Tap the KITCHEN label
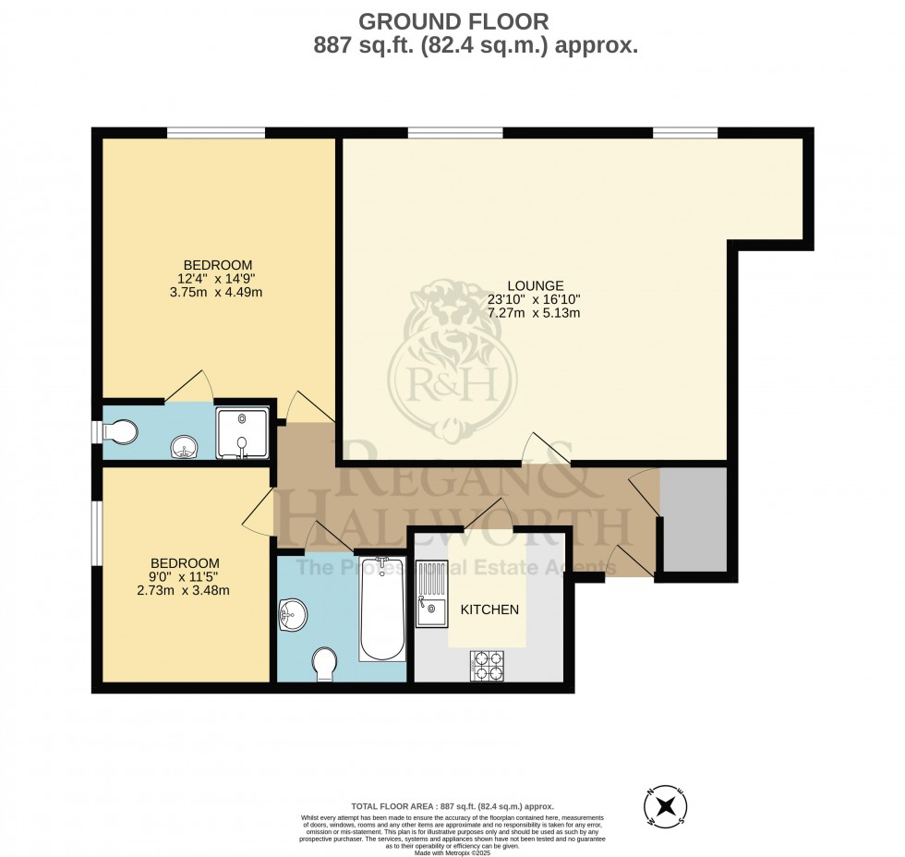point(489,610)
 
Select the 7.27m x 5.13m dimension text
point(534,312)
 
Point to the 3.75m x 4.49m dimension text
point(217,293)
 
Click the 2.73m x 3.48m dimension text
point(186,590)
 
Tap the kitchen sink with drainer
point(430,594)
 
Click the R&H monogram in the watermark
point(452,380)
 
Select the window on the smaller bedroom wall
point(95,533)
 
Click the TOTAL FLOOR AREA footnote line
point(452,806)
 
